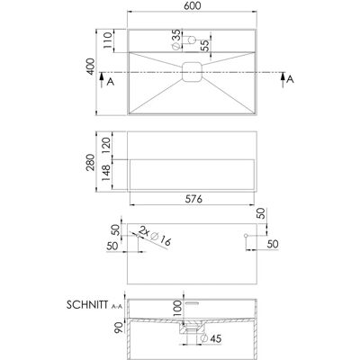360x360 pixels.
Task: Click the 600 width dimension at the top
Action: click(193, 5)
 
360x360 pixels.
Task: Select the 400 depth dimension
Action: click(90, 67)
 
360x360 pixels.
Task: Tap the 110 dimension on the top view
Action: click(107, 40)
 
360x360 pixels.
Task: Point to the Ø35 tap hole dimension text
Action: click(176, 40)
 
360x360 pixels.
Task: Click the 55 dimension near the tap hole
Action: click(205, 46)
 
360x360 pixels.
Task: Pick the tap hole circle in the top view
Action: click(192, 40)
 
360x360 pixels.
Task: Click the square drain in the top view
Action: click(193, 72)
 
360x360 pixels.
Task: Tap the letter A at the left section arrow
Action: click(111, 81)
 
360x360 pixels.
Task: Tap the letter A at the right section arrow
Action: click(290, 79)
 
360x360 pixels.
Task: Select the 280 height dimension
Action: click(90, 162)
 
